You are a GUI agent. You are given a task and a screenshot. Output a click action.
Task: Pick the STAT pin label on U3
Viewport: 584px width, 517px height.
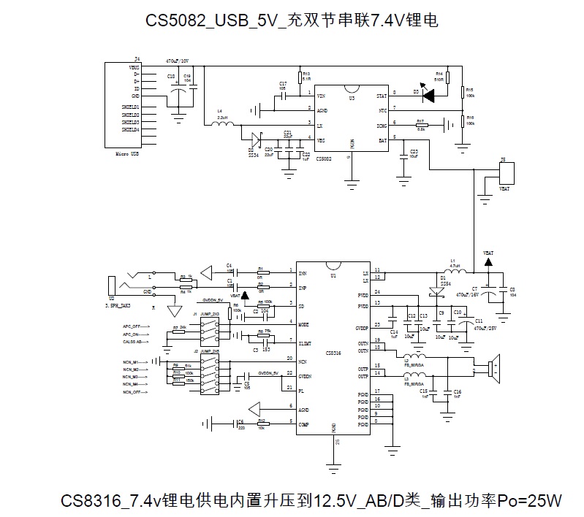381,96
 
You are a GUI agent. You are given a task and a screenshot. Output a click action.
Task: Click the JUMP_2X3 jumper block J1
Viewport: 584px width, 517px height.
211,326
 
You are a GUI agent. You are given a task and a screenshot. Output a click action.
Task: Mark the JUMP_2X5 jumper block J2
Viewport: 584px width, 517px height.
211,372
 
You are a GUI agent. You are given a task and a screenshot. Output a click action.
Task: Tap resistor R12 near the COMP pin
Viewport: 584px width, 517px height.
261,421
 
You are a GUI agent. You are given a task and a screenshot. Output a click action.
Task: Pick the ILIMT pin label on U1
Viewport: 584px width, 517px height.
304,341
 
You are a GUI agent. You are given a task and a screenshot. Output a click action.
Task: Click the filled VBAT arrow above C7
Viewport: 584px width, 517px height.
488,261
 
